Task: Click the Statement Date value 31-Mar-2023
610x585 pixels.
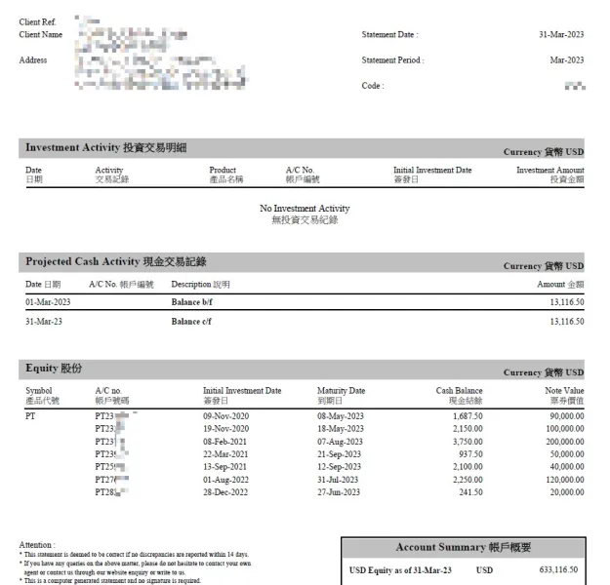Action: pos(561,35)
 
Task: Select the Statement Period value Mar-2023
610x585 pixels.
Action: pos(567,60)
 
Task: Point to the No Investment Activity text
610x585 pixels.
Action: pos(305,209)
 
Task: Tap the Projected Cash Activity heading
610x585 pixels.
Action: pos(115,262)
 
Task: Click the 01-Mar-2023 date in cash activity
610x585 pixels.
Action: pos(48,303)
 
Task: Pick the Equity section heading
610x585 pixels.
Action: pos(54,369)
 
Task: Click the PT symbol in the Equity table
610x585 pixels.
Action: pos(30,416)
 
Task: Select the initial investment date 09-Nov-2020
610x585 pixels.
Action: pos(226,416)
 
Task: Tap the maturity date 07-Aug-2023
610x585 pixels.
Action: pos(341,442)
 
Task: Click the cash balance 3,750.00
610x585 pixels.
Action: pos(464,442)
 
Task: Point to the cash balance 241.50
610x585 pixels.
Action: pos(468,492)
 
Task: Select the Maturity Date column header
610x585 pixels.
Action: pos(342,391)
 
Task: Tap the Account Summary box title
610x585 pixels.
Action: pos(462,548)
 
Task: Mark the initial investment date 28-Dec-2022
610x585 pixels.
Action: pos(226,492)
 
